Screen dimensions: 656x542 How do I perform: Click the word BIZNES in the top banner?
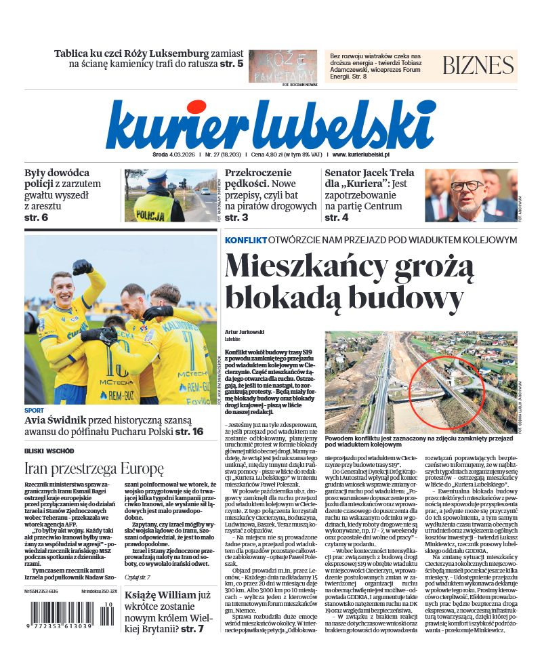478,65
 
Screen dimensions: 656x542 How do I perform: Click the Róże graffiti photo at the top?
283,66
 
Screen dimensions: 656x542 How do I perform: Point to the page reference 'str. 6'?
37,218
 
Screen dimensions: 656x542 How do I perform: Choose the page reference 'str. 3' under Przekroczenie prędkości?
236,218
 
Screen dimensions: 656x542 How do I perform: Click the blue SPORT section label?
34,411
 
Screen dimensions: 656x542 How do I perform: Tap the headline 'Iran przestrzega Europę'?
94,468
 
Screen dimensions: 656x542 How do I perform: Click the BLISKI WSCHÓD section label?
49,451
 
